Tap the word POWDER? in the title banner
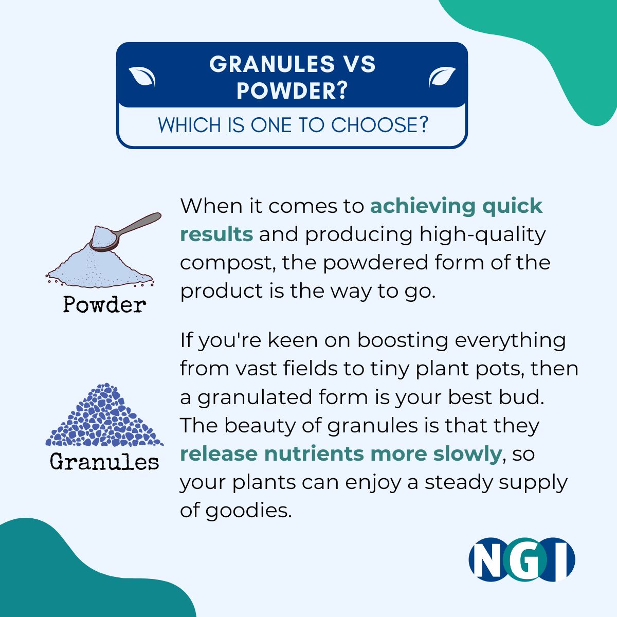point(292,90)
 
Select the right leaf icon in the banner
point(442,77)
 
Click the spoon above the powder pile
point(125,232)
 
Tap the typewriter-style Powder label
point(104,304)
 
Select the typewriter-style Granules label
point(104,461)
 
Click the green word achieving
point(423,206)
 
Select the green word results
point(217,234)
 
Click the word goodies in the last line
point(248,511)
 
